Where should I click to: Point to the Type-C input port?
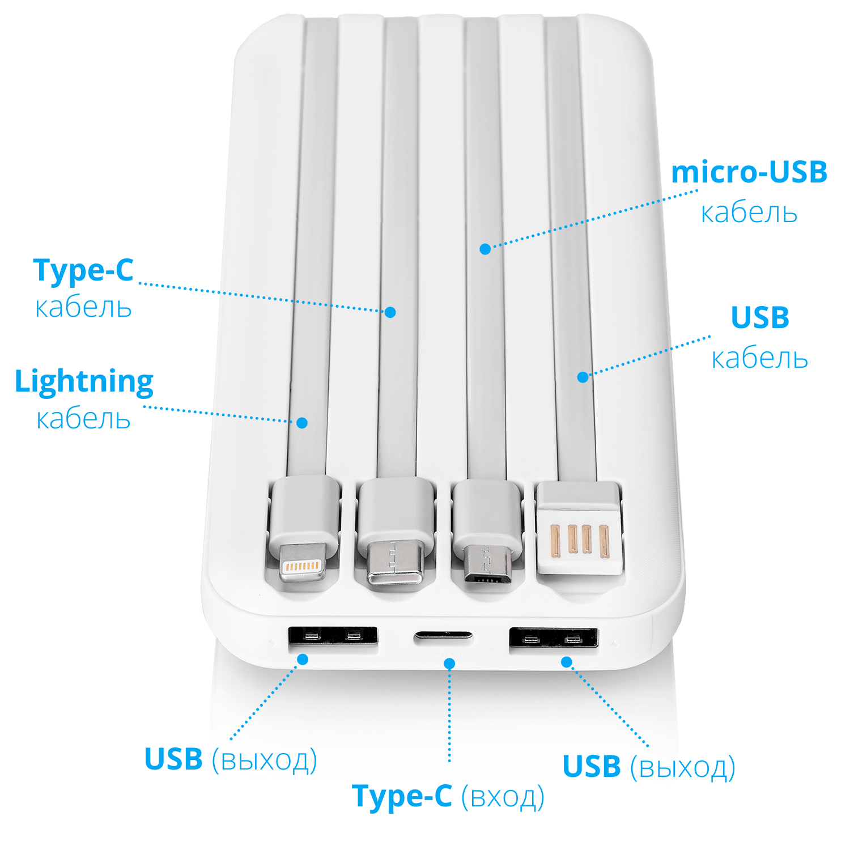(443, 636)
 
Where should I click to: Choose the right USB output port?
(554, 638)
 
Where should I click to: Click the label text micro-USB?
(749, 172)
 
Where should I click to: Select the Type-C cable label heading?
(83, 270)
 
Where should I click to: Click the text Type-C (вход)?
(448, 797)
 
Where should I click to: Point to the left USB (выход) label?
(231, 759)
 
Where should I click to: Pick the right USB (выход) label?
(649, 767)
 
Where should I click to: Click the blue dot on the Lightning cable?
(302, 423)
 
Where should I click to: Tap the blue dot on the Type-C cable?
(390, 312)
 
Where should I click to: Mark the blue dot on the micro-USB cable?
(485, 249)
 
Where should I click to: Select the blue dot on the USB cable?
(583, 377)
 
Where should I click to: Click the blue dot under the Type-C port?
(449, 664)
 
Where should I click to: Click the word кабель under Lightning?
(83, 419)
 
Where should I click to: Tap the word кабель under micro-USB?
(749, 213)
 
